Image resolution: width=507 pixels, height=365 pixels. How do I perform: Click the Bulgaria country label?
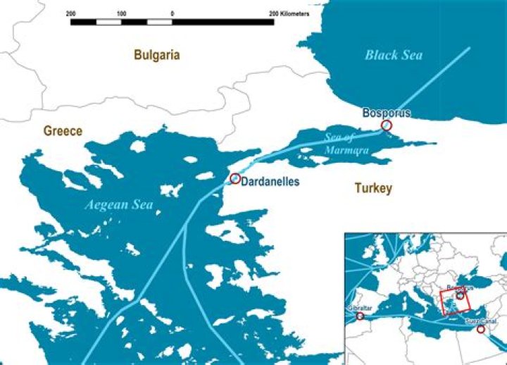coord(157,54)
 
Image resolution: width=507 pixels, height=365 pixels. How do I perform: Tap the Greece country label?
coord(63,131)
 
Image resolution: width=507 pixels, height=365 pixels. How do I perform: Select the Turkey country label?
coord(373,188)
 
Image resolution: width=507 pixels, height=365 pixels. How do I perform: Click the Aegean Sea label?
coord(118,205)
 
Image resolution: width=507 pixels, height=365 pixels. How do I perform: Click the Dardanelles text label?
coord(270,182)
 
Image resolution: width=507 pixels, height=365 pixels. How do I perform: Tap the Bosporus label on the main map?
coord(386,112)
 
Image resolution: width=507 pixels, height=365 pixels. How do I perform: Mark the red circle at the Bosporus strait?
coord(386,125)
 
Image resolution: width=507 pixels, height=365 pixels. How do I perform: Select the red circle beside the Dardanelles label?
coord(234,178)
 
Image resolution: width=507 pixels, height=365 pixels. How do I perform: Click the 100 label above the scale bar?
coord(121,13)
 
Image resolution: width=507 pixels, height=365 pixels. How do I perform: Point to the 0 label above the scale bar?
coord(172,13)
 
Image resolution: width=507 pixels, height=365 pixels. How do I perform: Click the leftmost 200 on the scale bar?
coord(70,13)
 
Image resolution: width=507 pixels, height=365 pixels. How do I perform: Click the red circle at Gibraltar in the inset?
coord(361,316)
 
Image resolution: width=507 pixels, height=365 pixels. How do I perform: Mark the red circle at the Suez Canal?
coord(481,329)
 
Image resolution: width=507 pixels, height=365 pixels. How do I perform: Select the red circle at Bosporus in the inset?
coord(460,296)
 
